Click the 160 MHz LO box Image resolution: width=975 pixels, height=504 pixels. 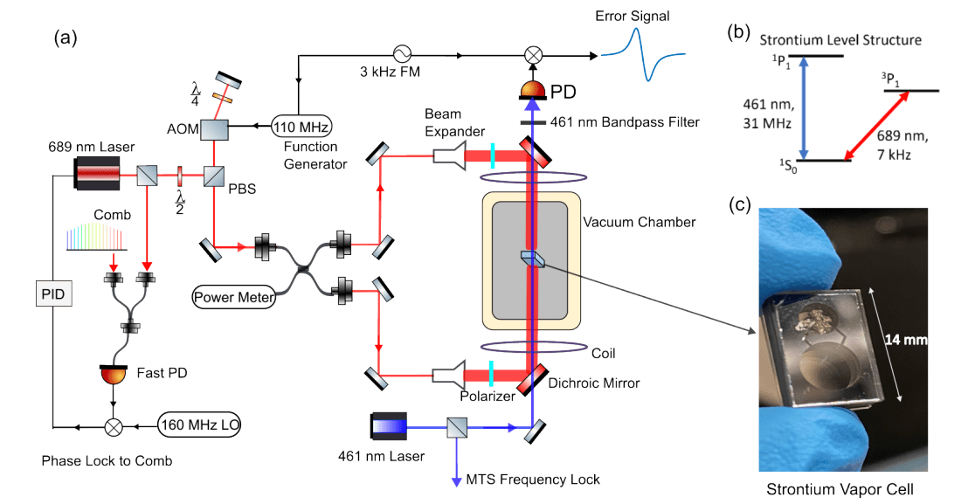200,426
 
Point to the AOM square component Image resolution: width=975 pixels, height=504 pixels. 214,130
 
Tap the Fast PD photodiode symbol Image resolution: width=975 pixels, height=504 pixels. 111,376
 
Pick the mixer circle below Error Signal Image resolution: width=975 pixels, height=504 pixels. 532,54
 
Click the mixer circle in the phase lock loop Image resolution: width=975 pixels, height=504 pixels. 112,427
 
